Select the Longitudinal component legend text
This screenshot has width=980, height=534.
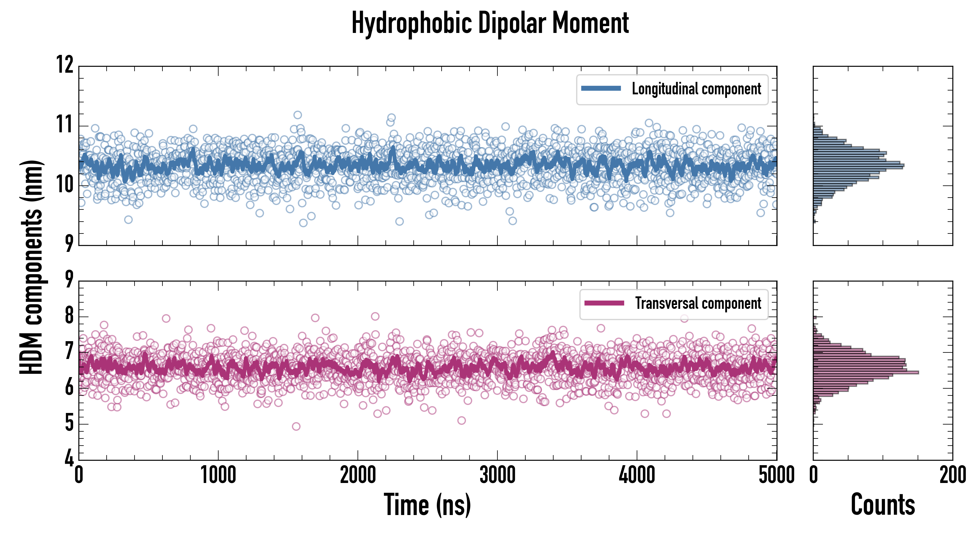pos(696,89)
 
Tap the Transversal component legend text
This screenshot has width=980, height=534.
pos(698,303)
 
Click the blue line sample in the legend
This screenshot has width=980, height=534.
pos(601,89)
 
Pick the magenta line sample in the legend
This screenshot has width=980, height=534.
pos(604,303)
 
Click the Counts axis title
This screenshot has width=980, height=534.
pos(883,505)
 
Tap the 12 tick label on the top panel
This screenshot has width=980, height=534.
pos(65,65)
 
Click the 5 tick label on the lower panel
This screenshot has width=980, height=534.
pos(69,423)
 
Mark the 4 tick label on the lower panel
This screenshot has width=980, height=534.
pos(69,458)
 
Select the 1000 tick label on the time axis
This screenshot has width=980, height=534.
pos(218,475)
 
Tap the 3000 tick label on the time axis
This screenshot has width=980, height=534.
pos(497,475)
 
